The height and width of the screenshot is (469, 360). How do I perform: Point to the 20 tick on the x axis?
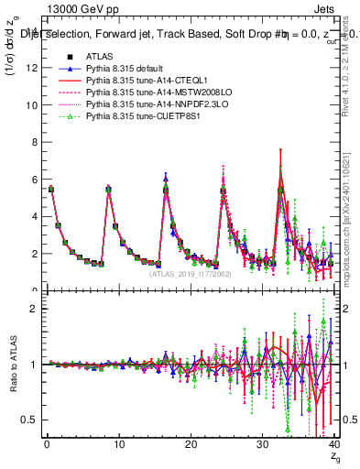click(191, 445)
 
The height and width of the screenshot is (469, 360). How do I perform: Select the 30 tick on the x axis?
click(263, 445)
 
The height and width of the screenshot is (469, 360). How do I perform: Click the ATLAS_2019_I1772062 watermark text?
click(190, 274)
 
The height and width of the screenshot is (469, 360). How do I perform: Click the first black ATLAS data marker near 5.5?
click(51, 189)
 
